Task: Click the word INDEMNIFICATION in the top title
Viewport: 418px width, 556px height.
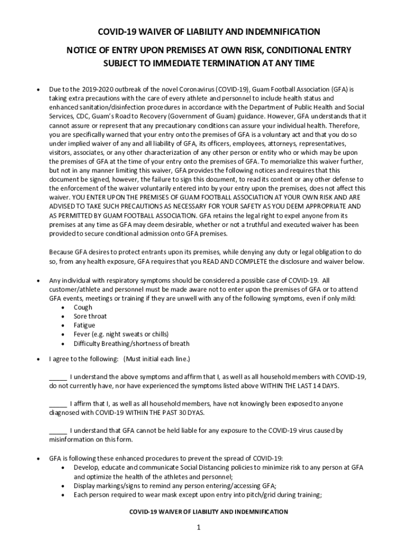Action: pos(278,31)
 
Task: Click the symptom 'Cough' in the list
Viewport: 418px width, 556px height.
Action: pos(83,307)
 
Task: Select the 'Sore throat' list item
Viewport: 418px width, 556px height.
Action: pos(90,316)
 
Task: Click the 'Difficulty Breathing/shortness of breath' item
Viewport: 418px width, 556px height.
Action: pos(131,343)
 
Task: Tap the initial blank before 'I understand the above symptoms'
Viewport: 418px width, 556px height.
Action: pos(58,377)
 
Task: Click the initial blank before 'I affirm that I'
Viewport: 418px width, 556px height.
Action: pos(58,404)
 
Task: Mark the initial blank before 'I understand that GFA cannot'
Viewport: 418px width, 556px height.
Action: pos(58,431)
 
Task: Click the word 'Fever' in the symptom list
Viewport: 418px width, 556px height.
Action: pos(82,334)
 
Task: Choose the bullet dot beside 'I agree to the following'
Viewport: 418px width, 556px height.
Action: pos(36,359)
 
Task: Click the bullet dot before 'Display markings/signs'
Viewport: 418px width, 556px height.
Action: pos(65,486)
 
